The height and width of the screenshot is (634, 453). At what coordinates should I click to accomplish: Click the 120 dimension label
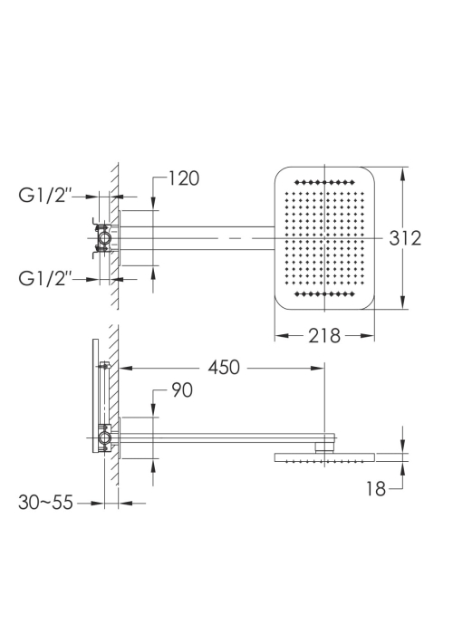point(184,178)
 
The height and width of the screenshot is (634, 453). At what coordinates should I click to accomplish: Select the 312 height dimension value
point(405,238)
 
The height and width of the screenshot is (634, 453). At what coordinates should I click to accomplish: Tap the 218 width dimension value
point(324,336)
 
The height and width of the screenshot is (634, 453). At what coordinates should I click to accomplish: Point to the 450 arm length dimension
point(224,368)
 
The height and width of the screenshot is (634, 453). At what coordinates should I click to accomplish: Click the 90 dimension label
point(182,390)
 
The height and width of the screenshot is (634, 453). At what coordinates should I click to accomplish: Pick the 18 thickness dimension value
point(376,488)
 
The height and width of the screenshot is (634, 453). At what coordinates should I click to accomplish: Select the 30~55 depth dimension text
point(45,503)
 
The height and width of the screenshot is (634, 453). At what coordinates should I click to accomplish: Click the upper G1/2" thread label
point(45,196)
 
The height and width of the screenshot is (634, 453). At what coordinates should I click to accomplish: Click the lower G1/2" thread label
point(45,278)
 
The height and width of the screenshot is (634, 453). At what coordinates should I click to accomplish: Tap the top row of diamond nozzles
point(324,182)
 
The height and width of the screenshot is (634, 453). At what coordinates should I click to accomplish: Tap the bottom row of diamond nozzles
point(324,294)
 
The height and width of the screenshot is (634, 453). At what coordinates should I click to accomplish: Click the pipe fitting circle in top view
point(105,238)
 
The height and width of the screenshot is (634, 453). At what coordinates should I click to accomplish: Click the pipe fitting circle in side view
point(105,437)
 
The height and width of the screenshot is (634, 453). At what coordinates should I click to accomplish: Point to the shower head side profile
point(324,457)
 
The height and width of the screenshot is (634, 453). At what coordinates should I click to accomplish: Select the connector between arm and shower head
point(324,447)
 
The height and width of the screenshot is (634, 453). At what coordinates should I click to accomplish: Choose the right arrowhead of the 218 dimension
point(367,336)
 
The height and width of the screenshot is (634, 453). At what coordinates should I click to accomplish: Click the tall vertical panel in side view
point(95,396)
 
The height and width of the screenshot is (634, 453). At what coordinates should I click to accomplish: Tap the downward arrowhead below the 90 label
point(153,410)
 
